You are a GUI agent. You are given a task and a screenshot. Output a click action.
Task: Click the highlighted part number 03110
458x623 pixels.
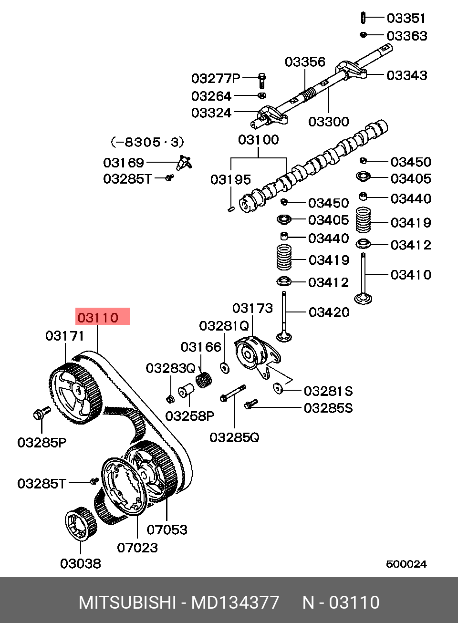(98, 317)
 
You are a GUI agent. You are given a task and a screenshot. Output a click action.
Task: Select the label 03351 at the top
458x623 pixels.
(406, 18)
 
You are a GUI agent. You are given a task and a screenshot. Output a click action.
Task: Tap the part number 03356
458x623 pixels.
(305, 62)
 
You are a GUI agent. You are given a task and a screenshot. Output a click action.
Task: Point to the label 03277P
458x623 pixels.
(216, 78)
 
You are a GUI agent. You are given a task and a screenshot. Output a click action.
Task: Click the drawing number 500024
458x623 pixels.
(406, 564)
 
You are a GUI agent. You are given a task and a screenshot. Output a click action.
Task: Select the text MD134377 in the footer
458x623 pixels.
(235, 602)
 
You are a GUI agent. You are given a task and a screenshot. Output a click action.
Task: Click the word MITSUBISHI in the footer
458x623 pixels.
(127, 602)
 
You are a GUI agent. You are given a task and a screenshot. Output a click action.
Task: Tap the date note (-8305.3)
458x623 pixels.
(147, 142)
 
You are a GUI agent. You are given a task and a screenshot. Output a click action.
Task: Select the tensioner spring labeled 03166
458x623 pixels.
(204, 380)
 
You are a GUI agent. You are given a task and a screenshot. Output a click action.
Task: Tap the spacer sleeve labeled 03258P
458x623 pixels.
(186, 392)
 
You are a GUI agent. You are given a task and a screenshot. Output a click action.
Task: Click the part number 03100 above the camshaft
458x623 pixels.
(258, 140)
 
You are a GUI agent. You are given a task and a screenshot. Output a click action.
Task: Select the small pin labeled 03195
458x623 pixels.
(231, 208)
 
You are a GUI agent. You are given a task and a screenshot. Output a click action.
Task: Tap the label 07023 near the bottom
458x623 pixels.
(137, 548)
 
